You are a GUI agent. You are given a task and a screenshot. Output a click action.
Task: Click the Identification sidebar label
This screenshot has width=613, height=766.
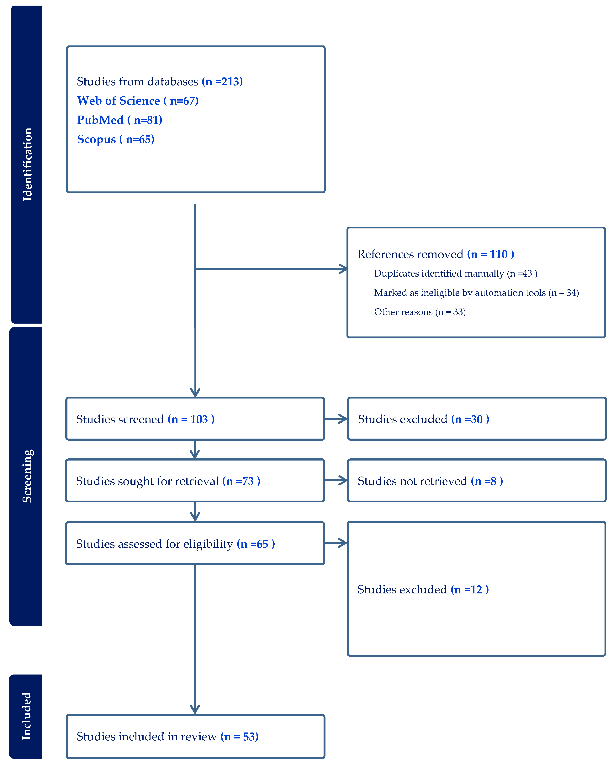[27, 164]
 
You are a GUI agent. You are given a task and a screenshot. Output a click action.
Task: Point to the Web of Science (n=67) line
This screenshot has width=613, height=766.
[138, 101]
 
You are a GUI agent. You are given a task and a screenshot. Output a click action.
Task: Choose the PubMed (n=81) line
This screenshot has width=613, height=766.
[119, 120]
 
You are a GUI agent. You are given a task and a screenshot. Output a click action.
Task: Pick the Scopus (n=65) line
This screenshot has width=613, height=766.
[116, 139]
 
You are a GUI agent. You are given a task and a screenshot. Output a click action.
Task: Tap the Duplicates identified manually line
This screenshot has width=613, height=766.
[455, 274]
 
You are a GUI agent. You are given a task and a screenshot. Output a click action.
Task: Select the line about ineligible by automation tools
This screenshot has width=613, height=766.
[476, 293]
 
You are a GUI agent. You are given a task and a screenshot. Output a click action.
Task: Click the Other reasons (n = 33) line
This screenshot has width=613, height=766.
[420, 312]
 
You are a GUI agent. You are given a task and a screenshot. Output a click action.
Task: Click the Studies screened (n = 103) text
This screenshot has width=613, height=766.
[145, 419]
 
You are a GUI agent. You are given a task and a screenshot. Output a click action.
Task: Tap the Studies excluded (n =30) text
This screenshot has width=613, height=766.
[423, 419]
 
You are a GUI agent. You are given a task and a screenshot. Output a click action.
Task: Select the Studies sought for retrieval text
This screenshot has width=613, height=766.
[168, 481]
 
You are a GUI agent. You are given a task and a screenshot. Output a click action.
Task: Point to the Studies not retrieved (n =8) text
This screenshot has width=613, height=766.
[430, 481]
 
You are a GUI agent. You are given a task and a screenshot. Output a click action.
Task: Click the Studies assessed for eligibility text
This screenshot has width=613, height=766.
[175, 544]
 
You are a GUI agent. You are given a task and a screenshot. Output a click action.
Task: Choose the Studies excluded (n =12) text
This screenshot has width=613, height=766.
[423, 589]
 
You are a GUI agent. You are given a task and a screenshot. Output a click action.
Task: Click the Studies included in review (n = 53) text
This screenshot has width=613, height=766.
[167, 737]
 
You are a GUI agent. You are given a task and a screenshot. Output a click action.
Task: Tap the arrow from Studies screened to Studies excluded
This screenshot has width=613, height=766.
[336, 419]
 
